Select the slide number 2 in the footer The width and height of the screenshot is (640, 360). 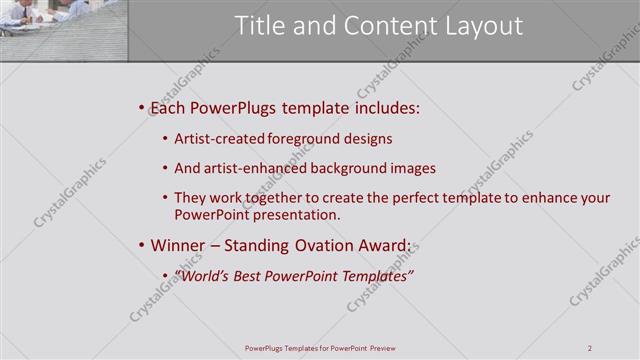pyautogui.click(x=590, y=348)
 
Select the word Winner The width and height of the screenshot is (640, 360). pyautogui.click(x=178, y=246)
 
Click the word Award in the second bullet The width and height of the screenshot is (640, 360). pyautogui.click(x=385, y=246)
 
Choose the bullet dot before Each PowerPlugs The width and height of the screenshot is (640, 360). pyautogui.click(x=141, y=107)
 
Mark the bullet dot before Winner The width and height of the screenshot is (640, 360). pyautogui.click(x=141, y=246)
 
